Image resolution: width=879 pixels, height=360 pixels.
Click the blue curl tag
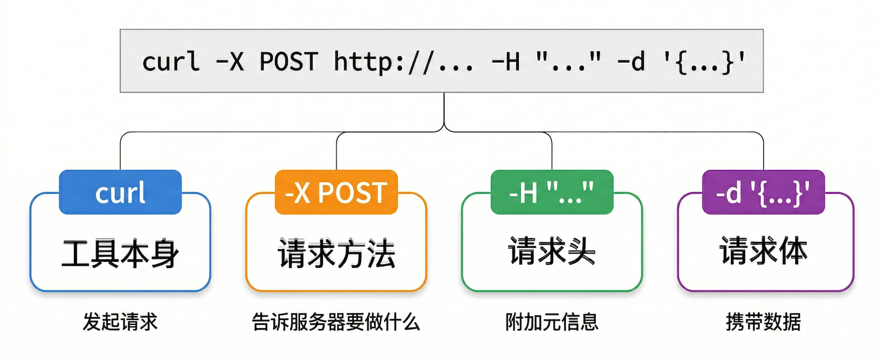click(x=120, y=192)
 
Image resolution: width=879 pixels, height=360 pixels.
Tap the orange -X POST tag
click(x=336, y=192)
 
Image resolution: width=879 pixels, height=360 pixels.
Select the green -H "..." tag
click(x=551, y=192)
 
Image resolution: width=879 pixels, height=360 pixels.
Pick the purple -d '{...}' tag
click(x=763, y=192)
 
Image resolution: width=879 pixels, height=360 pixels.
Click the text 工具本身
click(x=120, y=254)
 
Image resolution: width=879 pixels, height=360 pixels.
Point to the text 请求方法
click(x=336, y=254)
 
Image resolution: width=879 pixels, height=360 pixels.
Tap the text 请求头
click(x=552, y=252)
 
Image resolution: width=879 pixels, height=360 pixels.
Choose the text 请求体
click(x=763, y=252)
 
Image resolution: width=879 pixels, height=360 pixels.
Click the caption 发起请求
click(x=120, y=322)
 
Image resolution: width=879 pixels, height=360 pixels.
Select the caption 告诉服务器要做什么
click(x=336, y=322)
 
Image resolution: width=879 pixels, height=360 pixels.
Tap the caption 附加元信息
click(x=552, y=322)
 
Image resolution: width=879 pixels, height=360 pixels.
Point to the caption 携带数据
click(x=763, y=322)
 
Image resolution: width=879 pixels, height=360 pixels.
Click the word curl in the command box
click(x=171, y=61)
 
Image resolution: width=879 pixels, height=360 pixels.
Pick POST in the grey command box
click(x=288, y=61)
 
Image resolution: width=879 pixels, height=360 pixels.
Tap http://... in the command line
click(x=403, y=61)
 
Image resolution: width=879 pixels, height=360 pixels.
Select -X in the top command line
click(x=230, y=61)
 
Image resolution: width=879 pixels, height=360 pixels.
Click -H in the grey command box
click(x=506, y=61)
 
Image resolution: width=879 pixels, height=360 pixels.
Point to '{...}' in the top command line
click(x=705, y=61)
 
